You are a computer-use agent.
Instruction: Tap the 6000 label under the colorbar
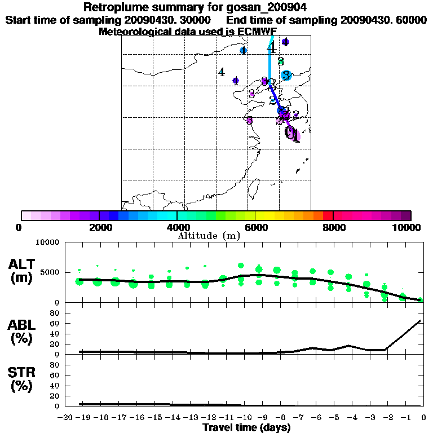pyautogui.click(x=255, y=227)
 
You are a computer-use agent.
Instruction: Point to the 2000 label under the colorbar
pyautogui.click(x=99, y=227)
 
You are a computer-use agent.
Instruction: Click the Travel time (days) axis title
pyautogui.click(x=247, y=427)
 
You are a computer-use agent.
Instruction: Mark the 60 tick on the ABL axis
pyautogui.click(x=55, y=324)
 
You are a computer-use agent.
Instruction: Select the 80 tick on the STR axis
pyautogui.click(x=55, y=365)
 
